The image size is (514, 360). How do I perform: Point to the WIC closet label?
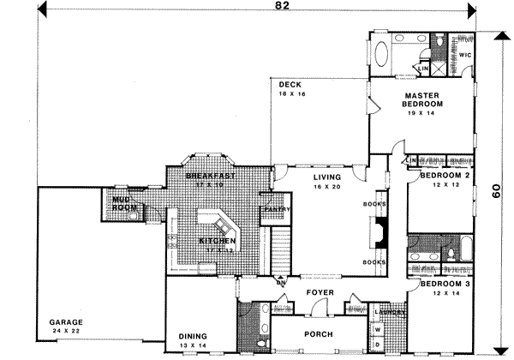coord(464,55)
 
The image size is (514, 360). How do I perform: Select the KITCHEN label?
coord(218,241)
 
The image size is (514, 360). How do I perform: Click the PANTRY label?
coord(276,208)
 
